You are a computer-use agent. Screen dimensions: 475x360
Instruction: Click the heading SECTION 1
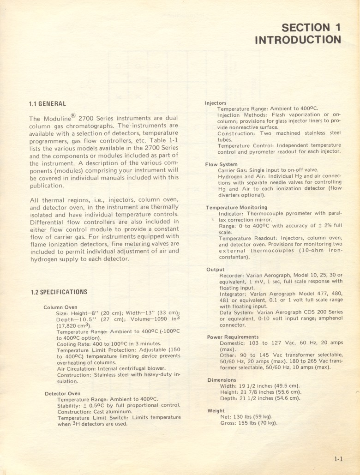coord(311,27)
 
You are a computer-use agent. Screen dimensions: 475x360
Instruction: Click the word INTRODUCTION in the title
coord(298,40)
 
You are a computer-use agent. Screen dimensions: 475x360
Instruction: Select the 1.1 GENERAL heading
coord(47,104)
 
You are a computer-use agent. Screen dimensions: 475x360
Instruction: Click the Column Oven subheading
coord(60,307)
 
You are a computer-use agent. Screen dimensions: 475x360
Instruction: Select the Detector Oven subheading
coord(62,394)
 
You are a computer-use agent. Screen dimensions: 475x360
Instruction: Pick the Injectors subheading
coord(216,103)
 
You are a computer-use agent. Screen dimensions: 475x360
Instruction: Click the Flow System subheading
coord(222,164)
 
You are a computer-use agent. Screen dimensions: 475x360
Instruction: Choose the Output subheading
coord(216,270)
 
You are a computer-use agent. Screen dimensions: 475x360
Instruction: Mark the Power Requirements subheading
coord(233,337)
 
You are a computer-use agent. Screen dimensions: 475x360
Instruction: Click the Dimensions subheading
coord(222,380)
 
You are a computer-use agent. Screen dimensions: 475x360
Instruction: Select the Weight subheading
coord(216,411)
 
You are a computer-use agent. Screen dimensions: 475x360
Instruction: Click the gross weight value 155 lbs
coord(246,423)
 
